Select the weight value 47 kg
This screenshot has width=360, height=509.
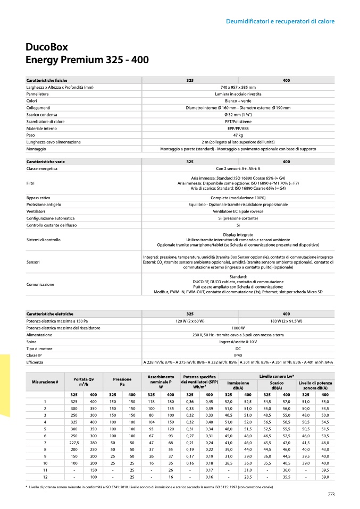click(x=238, y=135)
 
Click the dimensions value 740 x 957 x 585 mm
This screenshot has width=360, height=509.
click(x=238, y=87)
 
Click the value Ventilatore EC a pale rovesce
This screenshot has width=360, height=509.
click(x=238, y=211)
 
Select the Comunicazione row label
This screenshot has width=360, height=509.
click(x=40, y=284)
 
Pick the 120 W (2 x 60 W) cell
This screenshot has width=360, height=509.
click(x=190, y=321)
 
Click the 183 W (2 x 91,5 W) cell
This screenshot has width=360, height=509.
click(x=286, y=321)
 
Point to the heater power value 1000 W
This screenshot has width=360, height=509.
click(x=238, y=328)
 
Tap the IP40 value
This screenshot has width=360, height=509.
click(x=238, y=355)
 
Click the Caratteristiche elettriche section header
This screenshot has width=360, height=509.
click(x=49, y=314)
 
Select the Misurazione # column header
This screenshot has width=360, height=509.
click(x=45, y=382)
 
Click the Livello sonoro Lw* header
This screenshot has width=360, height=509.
click(x=277, y=376)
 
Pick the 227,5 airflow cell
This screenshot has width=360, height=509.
click(x=74, y=443)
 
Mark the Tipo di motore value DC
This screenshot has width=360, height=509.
click(x=238, y=349)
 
